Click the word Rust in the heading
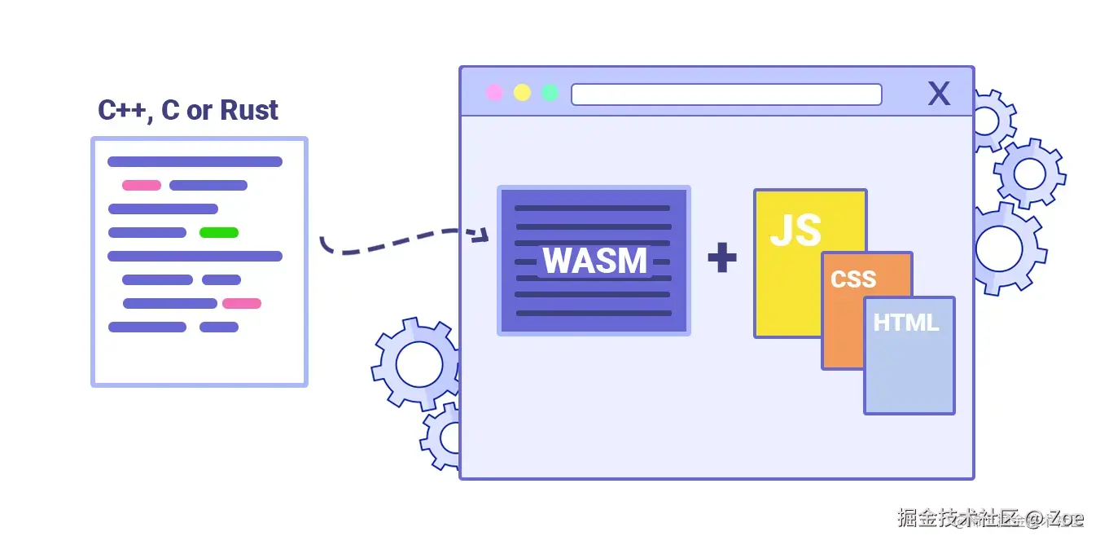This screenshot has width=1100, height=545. [249, 110]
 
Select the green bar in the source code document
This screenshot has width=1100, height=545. [219, 232]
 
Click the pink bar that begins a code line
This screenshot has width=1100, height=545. [142, 185]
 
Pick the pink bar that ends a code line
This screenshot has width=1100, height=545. [242, 303]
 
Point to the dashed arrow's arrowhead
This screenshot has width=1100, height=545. [482, 235]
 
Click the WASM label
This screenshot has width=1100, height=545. [594, 261]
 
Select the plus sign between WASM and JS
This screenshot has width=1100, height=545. [722, 258]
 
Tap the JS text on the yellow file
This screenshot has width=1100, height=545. [795, 230]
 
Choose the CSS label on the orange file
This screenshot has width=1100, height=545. [853, 279]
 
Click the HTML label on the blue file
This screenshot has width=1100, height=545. [906, 323]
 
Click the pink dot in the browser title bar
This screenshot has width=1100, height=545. [494, 93]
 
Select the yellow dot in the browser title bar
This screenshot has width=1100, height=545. [522, 93]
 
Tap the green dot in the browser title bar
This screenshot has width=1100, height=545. [550, 93]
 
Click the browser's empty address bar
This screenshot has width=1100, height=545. [726, 94]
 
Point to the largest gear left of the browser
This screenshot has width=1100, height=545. [416, 363]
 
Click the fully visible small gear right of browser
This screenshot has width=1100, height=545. [1029, 174]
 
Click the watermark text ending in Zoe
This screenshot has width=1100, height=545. [990, 517]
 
